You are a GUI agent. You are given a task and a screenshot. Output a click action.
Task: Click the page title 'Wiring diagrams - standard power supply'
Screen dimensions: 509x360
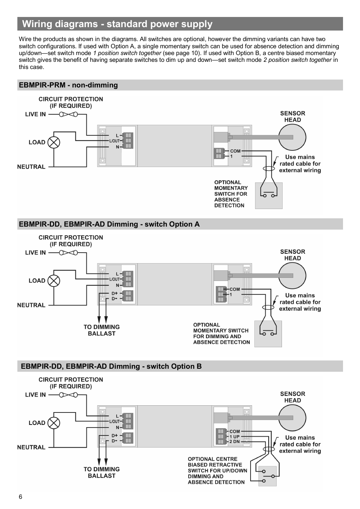coord(117,24)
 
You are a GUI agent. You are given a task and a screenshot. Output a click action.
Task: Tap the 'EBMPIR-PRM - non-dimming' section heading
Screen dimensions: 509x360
coord(68,85)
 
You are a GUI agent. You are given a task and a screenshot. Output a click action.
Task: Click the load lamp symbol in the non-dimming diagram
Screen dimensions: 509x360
coord(54,142)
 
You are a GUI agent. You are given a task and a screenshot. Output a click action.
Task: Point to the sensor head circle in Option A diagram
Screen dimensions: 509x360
coord(292,276)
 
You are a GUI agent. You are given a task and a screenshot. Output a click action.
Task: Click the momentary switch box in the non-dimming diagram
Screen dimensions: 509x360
coord(269,196)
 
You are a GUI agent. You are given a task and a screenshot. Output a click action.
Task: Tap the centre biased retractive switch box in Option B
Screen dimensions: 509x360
coord(267,476)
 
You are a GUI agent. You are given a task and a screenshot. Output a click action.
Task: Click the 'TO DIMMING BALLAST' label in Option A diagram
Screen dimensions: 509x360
coord(102,330)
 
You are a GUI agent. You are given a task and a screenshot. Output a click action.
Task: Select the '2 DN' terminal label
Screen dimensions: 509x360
coord(234,442)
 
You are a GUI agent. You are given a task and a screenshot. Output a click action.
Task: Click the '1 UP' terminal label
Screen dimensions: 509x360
coord(234,437)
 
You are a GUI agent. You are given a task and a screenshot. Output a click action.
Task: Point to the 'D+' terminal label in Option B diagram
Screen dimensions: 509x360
coord(114,435)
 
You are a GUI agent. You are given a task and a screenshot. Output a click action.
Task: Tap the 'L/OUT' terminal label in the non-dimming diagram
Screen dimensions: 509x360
coord(114,141)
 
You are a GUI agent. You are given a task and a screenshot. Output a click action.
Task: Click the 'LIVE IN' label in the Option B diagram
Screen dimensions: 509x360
coord(35,395)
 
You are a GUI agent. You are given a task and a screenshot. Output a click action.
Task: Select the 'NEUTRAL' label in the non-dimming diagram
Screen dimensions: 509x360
coord(31,167)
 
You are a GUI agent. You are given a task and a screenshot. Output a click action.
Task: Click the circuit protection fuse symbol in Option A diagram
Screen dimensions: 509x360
coord(68,253)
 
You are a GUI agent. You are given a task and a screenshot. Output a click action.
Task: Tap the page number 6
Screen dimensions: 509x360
coord(20,497)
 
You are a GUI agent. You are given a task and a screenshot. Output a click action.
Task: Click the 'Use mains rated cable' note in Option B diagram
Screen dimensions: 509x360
coord(300,444)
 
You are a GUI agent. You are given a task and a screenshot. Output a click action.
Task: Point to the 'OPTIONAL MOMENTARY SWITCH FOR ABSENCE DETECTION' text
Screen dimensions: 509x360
coord(231,194)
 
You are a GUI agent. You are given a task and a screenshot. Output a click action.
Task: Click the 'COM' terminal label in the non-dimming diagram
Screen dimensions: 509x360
coord(235,151)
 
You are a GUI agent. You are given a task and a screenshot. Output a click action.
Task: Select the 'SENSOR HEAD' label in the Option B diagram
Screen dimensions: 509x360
coord(292,397)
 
